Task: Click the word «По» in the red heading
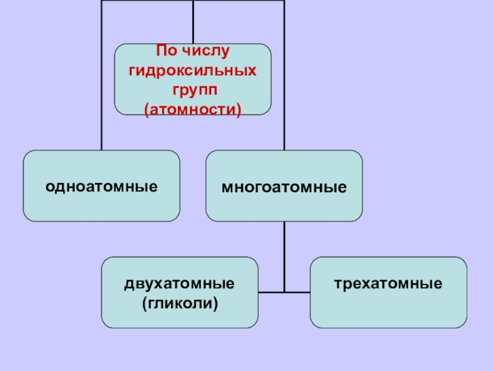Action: (x=166, y=50)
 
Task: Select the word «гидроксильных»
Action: (x=193, y=70)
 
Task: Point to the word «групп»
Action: (x=193, y=90)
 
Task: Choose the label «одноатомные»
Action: (x=101, y=186)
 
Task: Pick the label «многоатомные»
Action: (x=284, y=186)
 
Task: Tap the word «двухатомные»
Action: (x=180, y=284)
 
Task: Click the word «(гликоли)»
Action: (x=180, y=304)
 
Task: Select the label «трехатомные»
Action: (x=388, y=284)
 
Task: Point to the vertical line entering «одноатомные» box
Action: (x=102, y=93)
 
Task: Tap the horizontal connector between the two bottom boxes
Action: (x=285, y=292)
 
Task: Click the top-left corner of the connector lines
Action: (x=102, y=1)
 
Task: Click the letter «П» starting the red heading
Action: (x=159, y=50)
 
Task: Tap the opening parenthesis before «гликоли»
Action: (x=144, y=304)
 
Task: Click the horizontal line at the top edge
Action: (x=148, y=1)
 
